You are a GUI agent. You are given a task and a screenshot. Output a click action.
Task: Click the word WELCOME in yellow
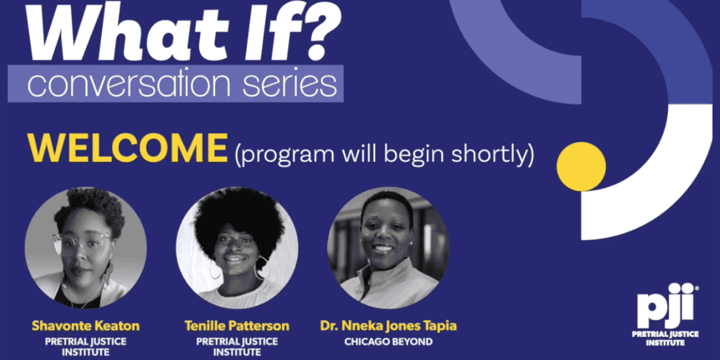coord(127,149)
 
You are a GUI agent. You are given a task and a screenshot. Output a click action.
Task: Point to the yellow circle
coord(581,166)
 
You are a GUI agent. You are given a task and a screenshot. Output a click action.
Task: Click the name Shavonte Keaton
coord(86,326)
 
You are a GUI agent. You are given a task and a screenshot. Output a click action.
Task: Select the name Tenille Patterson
coord(237,326)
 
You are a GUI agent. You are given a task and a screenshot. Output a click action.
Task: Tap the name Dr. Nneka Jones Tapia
coord(388,326)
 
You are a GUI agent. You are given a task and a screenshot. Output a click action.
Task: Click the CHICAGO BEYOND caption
coord(388,342)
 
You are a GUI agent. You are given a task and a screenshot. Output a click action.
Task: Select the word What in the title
coord(128,32)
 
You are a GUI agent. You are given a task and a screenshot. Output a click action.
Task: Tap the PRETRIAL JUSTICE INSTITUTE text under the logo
coord(665,338)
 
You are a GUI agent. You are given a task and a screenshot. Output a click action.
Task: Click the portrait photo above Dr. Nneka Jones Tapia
coord(388,248)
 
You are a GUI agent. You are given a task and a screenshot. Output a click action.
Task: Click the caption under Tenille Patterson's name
coord(237,346)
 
